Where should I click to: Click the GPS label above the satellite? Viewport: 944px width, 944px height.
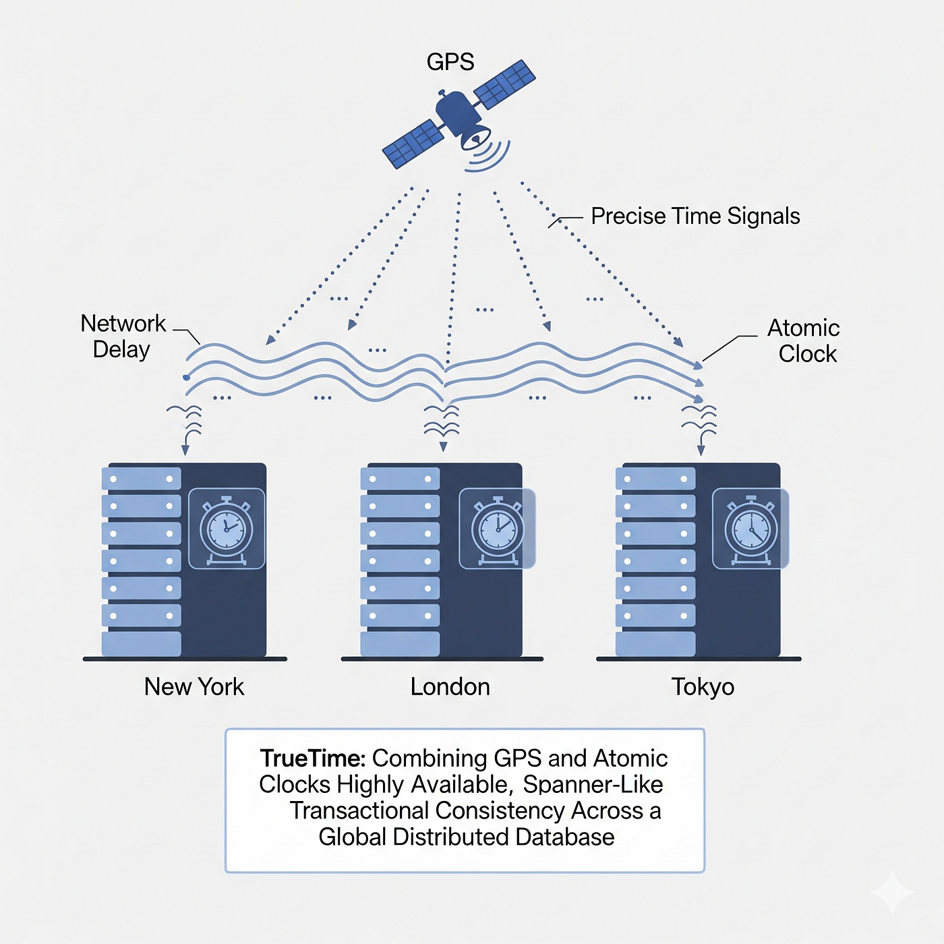click(450, 62)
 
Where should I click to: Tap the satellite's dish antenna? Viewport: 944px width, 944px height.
click(475, 137)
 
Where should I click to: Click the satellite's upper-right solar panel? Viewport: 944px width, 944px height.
click(504, 84)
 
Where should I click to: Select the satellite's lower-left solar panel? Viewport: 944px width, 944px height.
click(413, 144)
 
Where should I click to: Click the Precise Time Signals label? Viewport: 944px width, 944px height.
click(695, 216)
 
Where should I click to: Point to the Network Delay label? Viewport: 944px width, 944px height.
click(123, 336)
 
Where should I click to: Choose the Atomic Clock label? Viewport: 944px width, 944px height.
click(804, 341)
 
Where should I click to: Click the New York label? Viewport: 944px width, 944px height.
click(194, 687)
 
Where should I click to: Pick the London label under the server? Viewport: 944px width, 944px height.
click(450, 687)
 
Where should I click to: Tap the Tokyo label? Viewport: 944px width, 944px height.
click(703, 687)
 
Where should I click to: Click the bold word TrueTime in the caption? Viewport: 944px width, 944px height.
click(313, 759)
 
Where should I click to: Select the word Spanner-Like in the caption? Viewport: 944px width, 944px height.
click(593, 785)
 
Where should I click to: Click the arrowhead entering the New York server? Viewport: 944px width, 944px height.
click(185, 450)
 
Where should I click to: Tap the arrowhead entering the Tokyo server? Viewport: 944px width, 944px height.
click(701, 450)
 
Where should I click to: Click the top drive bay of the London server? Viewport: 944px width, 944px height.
click(400, 479)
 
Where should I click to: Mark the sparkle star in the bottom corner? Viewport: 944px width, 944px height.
click(892, 892)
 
